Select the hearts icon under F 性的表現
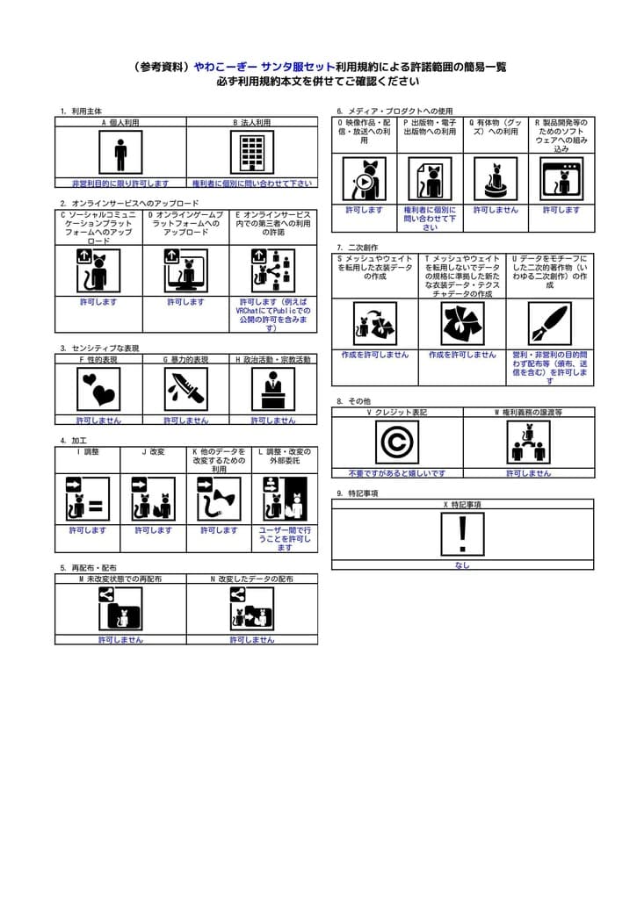click(x=98, y=389)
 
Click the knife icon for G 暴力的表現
click(x=186, y=389)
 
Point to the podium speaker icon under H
click(x=273, y=389)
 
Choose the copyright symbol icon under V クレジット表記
click(x=397, y=442)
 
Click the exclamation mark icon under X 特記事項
click(x=462, y=534)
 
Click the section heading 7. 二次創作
click(x=357, y=248)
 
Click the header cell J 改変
click(x=153, y=452)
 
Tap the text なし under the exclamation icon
click(x=462, y=565)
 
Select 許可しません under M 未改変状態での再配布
click(x=120, y=640)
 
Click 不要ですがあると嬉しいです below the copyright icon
click(x=397, y=473)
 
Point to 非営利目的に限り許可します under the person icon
click(x=120, y=183)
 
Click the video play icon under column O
click(x=364, y=179)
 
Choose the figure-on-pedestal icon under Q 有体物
click(x=496, y=179)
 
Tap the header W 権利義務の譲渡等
click(x=528, y=412)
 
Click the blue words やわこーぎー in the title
click(x=225, y=67)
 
